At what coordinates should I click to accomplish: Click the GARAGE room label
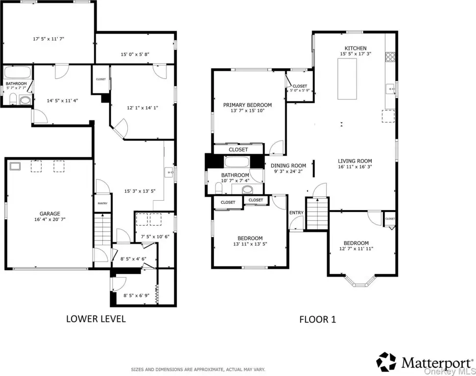point(50,213)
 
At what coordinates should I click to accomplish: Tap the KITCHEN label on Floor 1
point(356,48)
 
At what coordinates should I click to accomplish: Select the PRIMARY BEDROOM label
point(247,105)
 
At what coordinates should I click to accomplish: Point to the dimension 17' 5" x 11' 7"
point(48,39)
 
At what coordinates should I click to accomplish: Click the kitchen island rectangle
point(347,79)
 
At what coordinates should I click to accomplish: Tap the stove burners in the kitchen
point(390,57)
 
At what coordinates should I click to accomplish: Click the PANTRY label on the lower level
point(103,203)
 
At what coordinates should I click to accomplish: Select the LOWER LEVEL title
point(96,319)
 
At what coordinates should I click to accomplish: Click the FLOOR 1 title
point(317,319)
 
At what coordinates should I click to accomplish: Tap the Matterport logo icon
point(386,362)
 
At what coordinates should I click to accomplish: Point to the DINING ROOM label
point(288,165)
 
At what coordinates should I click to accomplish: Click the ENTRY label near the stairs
point(296,213)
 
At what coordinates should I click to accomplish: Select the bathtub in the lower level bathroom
point(18,72)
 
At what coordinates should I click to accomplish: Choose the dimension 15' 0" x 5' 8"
point(135,54)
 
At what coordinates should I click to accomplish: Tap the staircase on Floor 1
point(317,213)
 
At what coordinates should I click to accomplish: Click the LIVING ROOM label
point(355,161)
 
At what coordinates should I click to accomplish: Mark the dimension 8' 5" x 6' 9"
point(136,295)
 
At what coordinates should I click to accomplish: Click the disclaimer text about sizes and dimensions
point(198,369)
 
